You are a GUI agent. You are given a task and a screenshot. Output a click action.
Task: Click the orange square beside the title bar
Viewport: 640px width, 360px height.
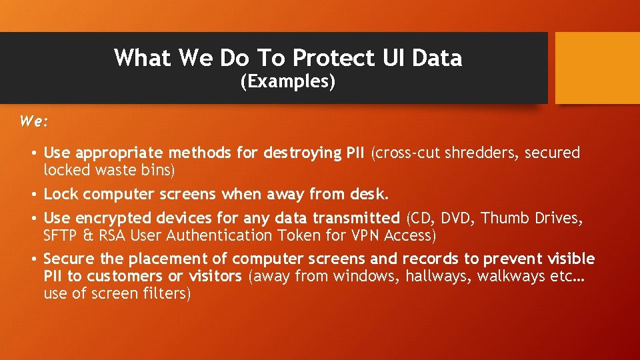pyautogui.click(x=597, y=68)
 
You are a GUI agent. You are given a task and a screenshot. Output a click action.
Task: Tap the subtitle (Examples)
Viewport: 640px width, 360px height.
pyautogui.click(x=287, y=82)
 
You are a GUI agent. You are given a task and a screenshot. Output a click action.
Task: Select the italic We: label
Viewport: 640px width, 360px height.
pyautogui.click(x=34, y=121)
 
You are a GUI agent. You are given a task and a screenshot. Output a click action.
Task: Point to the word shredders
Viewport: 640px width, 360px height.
pyautogui.click(x=488, y=153)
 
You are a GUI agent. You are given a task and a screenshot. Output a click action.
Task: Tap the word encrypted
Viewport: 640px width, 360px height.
pyautogui.click(x=113, y=218)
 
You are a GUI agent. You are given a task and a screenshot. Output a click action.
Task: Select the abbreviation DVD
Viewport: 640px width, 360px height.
pyautogui.click(x=457, y=218)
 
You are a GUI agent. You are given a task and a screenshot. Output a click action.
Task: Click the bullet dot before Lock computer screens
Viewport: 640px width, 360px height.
pyautogui.click(x=33, y=195)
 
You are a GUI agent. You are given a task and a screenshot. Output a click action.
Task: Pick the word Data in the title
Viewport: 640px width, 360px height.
pyautogui.click(x=437, y=59)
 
